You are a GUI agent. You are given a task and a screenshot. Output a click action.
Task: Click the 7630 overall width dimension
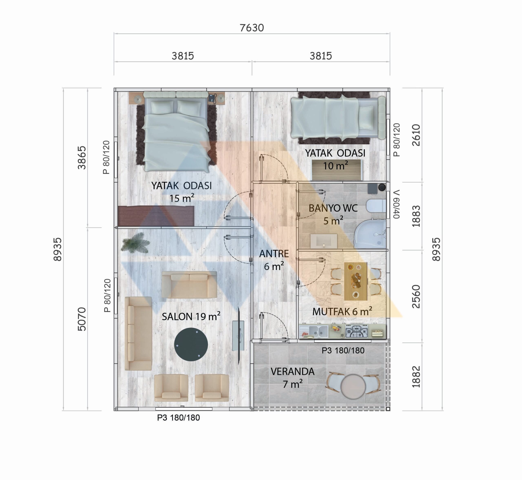(252, 28)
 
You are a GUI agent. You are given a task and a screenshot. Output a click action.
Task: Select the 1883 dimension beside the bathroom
(416, 216)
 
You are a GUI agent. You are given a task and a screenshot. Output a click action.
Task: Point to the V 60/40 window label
(396, 204)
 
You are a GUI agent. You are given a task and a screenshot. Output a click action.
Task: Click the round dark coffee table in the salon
(191, 345)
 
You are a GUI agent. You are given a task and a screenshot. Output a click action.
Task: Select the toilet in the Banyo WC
(376, 206)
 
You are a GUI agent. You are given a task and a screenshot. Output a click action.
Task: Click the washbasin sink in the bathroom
(324, 241)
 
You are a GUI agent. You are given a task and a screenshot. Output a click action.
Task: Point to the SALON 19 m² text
(191, 316)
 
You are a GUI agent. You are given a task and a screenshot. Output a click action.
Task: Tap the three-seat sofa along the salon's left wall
(138, 333)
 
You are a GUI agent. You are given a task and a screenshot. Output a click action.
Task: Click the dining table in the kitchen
(356, 281)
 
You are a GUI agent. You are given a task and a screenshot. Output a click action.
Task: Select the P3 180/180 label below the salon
(178, 418)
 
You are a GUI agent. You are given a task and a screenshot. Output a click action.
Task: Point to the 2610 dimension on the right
(416, 135)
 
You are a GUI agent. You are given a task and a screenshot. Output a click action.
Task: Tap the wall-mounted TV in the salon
(239, 336)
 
